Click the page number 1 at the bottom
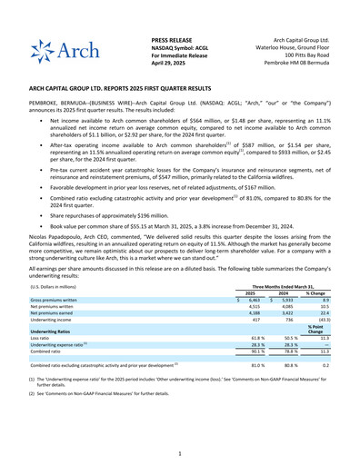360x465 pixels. (x=180, y=452)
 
